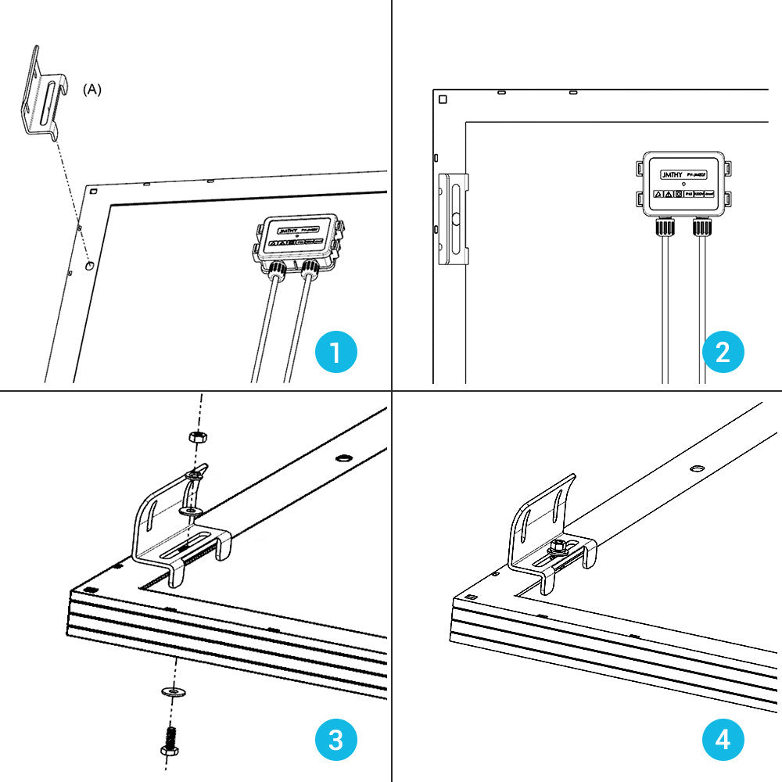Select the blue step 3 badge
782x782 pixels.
coord(335,740)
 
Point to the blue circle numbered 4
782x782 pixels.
coord(723,740)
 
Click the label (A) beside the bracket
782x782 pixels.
coord(92,90)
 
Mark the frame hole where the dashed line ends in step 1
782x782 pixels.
coord(90,266)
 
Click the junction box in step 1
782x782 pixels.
coord(298,240)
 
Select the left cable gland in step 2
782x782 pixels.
coord(665,228)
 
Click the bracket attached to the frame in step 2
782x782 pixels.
coord(454,220)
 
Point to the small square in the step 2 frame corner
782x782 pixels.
coord(443,100)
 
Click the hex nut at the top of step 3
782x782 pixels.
coord(196,436)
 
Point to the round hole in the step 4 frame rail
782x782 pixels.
coord(696,468)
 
